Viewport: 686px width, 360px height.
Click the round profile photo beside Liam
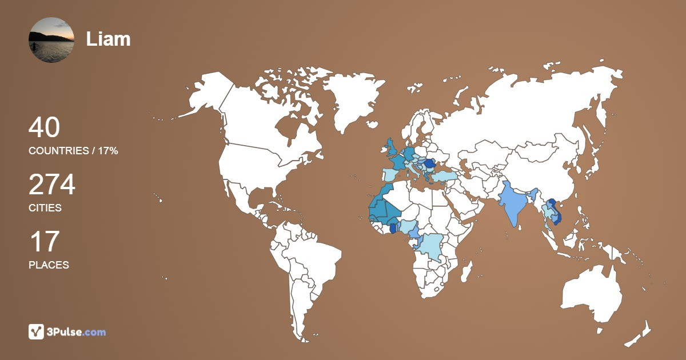point(51,40)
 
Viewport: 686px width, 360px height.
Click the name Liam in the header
point(108,39)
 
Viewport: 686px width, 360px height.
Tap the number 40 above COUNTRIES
point(44,127)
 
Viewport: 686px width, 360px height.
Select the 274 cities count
point(52,185)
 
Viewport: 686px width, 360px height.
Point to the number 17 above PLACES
point(44,242)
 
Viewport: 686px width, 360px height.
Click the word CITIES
point(45,208)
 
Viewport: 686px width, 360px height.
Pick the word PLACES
point(49,265)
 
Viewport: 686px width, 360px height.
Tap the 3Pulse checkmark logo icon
point(37,331)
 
